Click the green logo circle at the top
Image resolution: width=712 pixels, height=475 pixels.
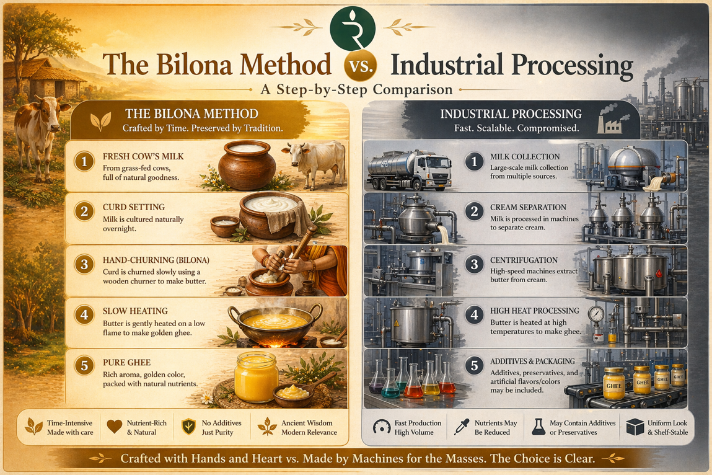point(353,26)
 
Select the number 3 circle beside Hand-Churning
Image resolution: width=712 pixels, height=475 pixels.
point(84,265)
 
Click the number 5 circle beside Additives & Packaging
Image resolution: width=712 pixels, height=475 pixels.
point(475,365)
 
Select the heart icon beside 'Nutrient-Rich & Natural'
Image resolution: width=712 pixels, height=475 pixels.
point(114,427)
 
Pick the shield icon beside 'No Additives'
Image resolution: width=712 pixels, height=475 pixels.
point(188,427)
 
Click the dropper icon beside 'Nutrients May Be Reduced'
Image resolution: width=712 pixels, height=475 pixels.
point(462,427)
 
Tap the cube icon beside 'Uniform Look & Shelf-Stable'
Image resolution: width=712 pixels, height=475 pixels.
point(635,427)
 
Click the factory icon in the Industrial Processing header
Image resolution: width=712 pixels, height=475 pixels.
point(609,122)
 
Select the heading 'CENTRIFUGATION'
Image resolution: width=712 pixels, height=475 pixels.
point(524,260)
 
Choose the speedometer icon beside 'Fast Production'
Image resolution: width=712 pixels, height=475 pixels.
point(381,427)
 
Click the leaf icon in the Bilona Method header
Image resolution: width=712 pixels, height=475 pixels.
point(100,120)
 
